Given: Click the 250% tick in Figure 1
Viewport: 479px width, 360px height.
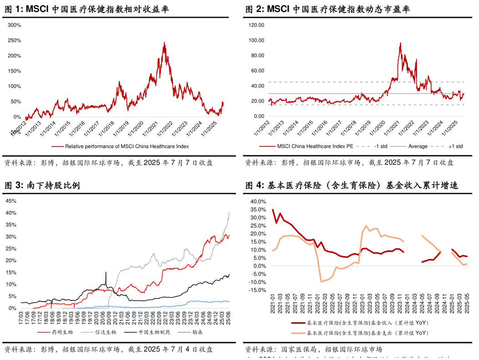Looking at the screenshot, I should pos(15,41).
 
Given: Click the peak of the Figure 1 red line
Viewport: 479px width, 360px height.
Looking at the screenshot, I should pos(164,42).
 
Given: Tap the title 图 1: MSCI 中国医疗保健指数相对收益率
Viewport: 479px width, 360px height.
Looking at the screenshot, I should pos(87,9).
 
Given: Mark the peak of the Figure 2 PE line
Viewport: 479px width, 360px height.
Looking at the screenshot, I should pos(400,43).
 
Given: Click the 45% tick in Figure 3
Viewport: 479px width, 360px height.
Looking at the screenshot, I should pos(11,201).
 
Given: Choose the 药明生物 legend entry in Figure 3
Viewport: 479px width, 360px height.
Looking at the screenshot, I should pos(62,332).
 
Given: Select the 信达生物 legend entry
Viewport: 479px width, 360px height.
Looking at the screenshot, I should pos(105,332).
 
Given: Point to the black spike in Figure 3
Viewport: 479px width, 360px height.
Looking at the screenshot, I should pos(106,273).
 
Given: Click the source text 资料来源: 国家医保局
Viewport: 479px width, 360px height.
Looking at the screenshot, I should pos(280,350).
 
